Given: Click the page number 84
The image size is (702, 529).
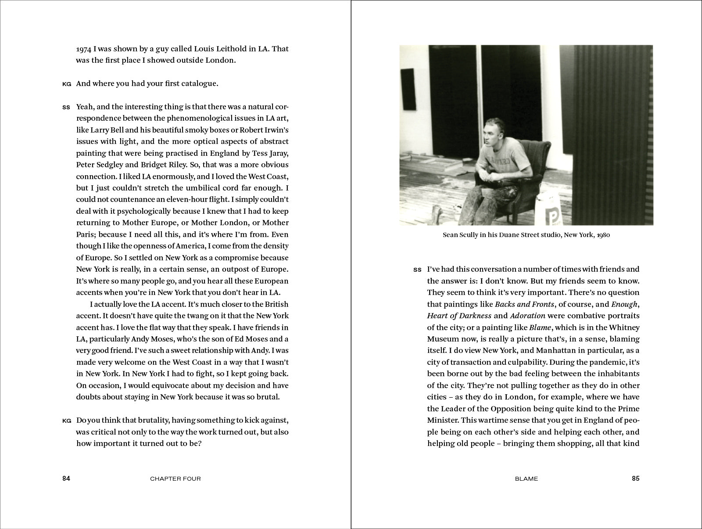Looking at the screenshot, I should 66,479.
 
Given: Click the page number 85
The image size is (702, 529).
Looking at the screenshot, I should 635,479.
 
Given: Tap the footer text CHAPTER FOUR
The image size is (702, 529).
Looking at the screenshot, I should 175,479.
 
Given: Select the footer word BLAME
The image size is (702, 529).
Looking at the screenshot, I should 526,479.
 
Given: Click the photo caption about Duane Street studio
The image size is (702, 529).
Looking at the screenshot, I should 526,235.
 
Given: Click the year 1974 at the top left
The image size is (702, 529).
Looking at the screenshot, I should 83,48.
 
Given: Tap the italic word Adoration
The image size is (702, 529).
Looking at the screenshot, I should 528,316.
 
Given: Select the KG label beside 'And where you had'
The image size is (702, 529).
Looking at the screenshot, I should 67,84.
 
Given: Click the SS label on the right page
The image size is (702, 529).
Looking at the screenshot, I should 417,270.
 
